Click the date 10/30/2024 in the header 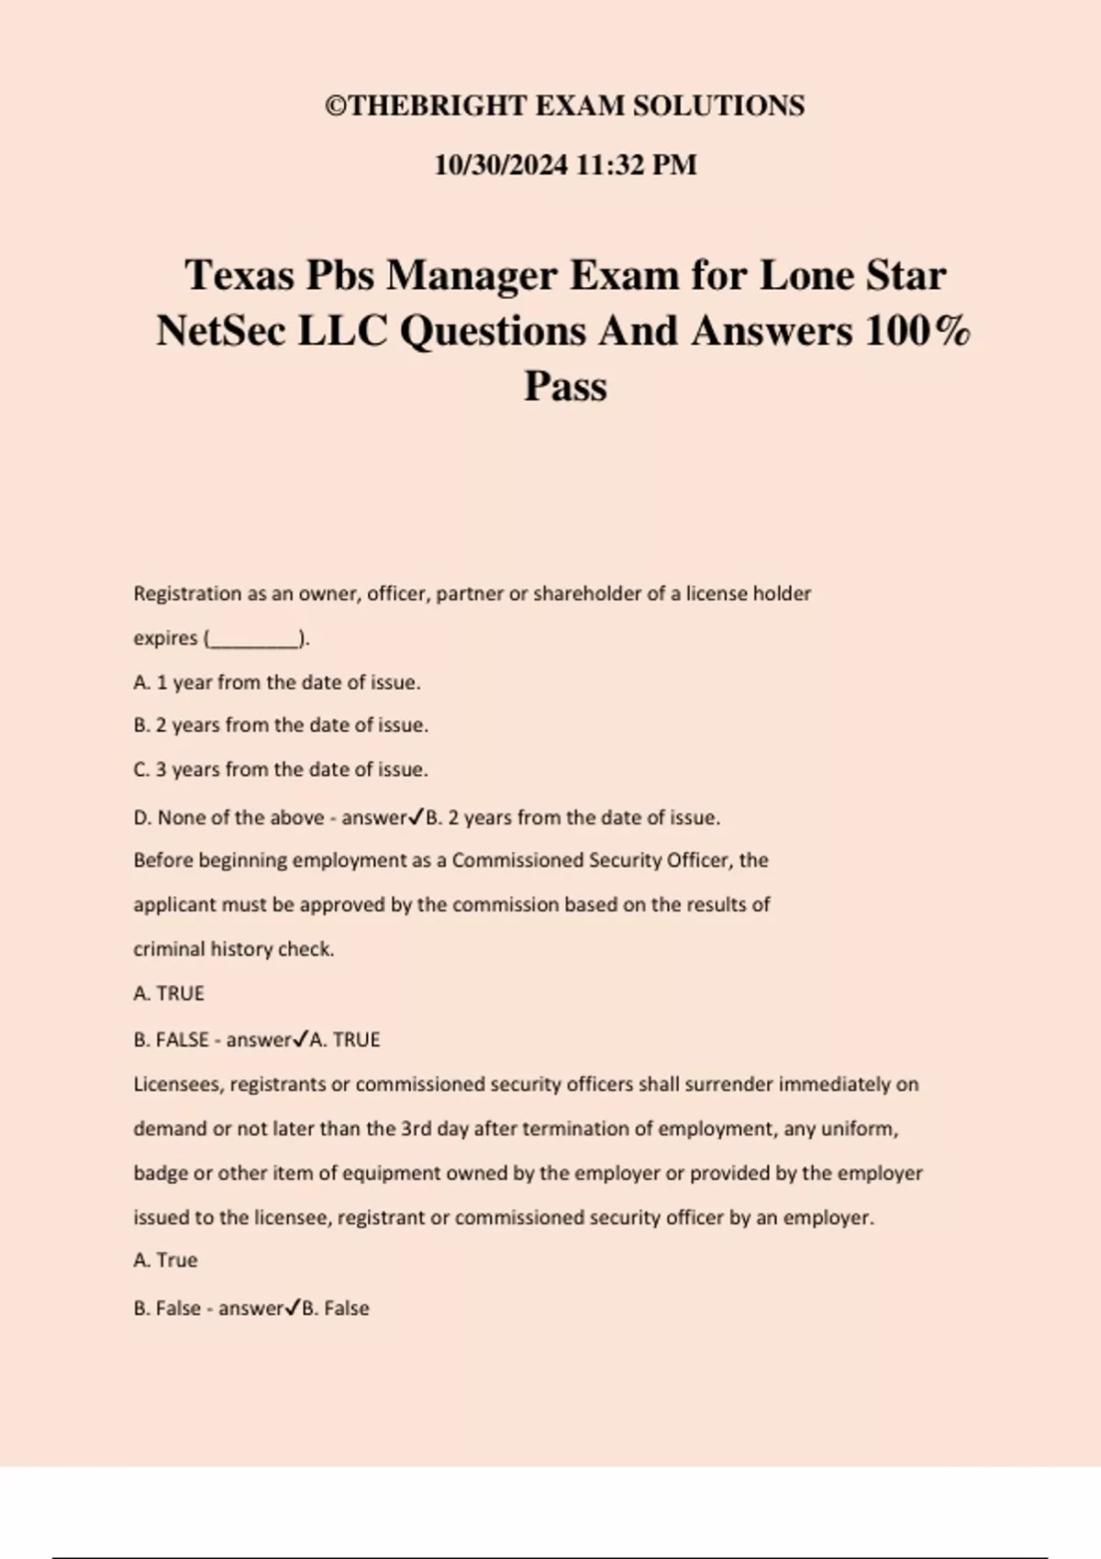pyautogui.click(x=500, y=165)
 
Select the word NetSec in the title pyautogui.click(x=220, y=331)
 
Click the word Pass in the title pyautogui.click(x=565, y=386)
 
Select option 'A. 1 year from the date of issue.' pyautogui.click(x=277, y=682)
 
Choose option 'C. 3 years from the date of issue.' pyautogui.click(x=281, y=769)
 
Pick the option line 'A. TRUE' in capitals pyautogui.click(x=169, y=993)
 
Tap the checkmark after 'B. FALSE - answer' pyautogui.click(x=300, y=1039)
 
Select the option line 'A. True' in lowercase pyautogui.click(x=165, y=1260)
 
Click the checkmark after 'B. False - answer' pyautogui.click(x=292, y=1308)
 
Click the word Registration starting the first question pyautogui.click(x=187, y=594)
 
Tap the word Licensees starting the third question pyautogui.click(x=178, y=1084)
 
